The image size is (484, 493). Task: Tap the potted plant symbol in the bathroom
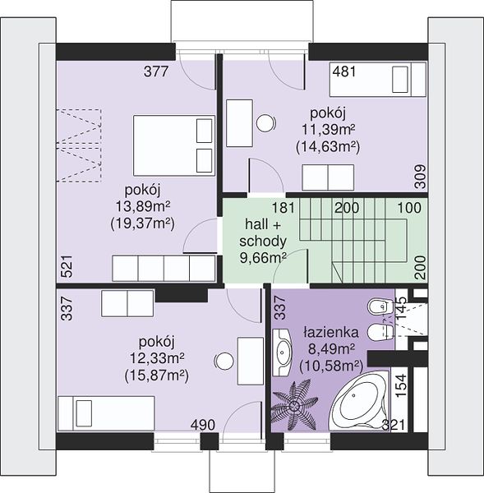point(294,405)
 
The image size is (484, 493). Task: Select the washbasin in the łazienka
point(282,352)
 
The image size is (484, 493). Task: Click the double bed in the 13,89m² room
point(174,145)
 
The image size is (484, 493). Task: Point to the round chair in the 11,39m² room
point(265,122)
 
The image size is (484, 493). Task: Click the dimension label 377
point(156,71)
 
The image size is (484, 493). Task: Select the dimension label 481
point(344,71)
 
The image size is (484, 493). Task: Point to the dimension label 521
point(67,266)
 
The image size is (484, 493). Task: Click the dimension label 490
point(203,425)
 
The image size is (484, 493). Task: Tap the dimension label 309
point(420,177)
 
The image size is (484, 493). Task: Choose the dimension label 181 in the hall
point(283,208)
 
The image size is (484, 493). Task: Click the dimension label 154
point(401,386)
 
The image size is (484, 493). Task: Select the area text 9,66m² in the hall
point(263,258)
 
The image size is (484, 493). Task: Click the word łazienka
point(331,332)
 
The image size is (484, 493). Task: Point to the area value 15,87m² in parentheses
point(157,376)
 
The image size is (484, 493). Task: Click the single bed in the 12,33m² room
point(106,413)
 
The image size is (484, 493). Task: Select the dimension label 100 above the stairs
point(409,208)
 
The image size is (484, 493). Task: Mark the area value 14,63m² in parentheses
point(328,147)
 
